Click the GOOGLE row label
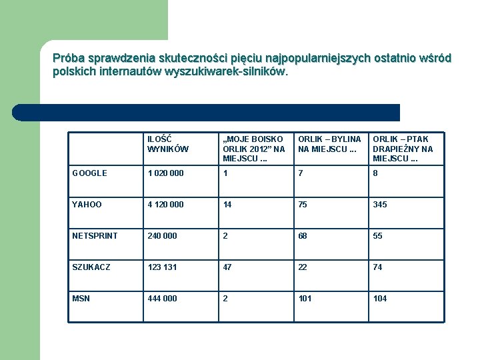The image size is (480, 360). [x=89, y=173]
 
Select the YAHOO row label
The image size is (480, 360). [x=87, y=205]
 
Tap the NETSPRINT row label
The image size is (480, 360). [x=95, y=236]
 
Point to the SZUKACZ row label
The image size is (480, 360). [x=91, y=267]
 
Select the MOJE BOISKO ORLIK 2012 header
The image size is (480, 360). [x=254, y=149]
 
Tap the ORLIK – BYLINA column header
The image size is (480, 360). [x=329, y=144]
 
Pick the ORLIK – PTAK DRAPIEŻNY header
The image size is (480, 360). [x=403, y=149]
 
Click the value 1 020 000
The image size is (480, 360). [x=166, y=173]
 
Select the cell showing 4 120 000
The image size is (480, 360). [x=166, y=205]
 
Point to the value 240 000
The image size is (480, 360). [x=163, y=236]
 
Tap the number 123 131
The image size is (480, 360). [x=163, y=267]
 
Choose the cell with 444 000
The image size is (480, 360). [x=163, y=299]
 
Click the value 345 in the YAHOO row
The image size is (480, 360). [x=380, y=205]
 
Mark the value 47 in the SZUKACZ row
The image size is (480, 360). [x=227, y=267]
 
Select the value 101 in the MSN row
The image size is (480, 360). [x=305, y=299]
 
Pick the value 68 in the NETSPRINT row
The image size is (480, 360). [x=303, y=236]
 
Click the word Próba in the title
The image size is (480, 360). [x=67, y=58]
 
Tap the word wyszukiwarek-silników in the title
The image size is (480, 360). [x=227, y=71]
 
